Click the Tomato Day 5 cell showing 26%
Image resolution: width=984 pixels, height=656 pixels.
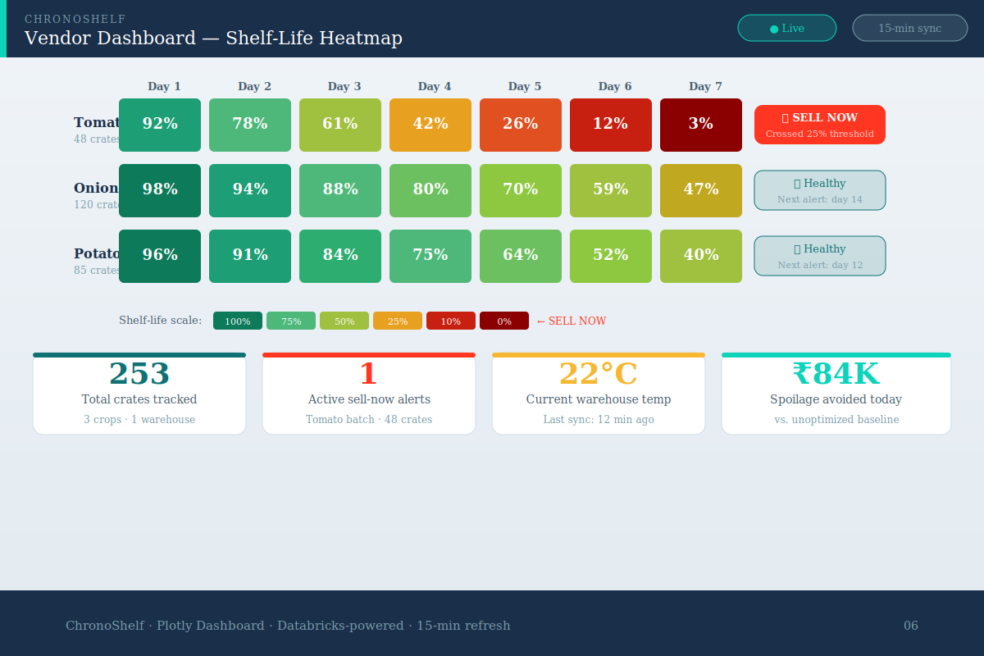[521, 125]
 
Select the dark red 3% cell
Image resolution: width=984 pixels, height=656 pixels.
[701, 125]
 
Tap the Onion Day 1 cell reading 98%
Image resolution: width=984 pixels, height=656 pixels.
[160, 190]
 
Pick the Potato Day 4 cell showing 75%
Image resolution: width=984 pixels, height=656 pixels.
[430, 256]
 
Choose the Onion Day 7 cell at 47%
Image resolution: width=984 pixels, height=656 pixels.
[701, 190]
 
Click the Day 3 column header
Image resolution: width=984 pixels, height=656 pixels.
[344, 86]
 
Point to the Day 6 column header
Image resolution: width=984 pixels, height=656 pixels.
[615, 86]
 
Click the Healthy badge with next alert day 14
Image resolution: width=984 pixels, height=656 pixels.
[820, 190]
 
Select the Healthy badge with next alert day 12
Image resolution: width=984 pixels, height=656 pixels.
[820, 256]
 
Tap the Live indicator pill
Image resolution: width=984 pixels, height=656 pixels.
[787, 28]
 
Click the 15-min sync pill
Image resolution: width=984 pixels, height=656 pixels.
[910, 28]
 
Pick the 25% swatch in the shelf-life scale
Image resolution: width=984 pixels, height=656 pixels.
[398, 321]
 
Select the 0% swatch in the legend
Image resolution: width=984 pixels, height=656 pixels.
[504, 321]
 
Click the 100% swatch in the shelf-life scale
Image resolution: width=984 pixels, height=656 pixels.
[238, 321]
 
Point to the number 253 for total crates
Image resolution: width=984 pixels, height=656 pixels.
[139, 374]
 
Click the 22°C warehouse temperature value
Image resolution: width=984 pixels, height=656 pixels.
[599, 374]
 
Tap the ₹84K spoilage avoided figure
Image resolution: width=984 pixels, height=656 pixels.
[836, 374]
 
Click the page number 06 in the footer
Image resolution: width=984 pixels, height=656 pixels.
[911, 626]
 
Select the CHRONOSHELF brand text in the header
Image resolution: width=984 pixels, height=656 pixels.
[75, 19]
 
